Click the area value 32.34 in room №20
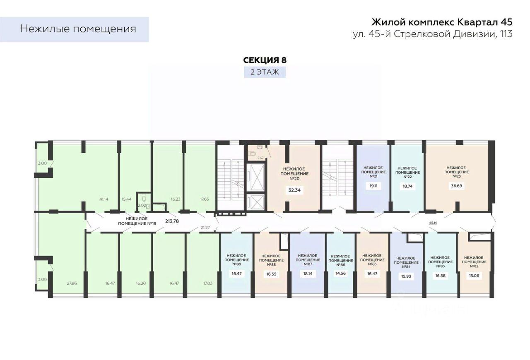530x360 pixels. coord(294,190)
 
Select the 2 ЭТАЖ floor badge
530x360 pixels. coord(265,72)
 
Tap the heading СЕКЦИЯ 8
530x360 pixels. coord(265,60)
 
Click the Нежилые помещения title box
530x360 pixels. coord(78,29)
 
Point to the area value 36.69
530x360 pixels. coord(456,186)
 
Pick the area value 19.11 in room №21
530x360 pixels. coord(373,186)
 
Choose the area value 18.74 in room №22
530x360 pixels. coord(408,187)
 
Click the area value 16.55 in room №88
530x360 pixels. coord(272,274)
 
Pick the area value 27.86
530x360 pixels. coord(71,283)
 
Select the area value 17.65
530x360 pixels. coord(204,199)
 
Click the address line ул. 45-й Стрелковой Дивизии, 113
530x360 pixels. coord(432,34)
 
